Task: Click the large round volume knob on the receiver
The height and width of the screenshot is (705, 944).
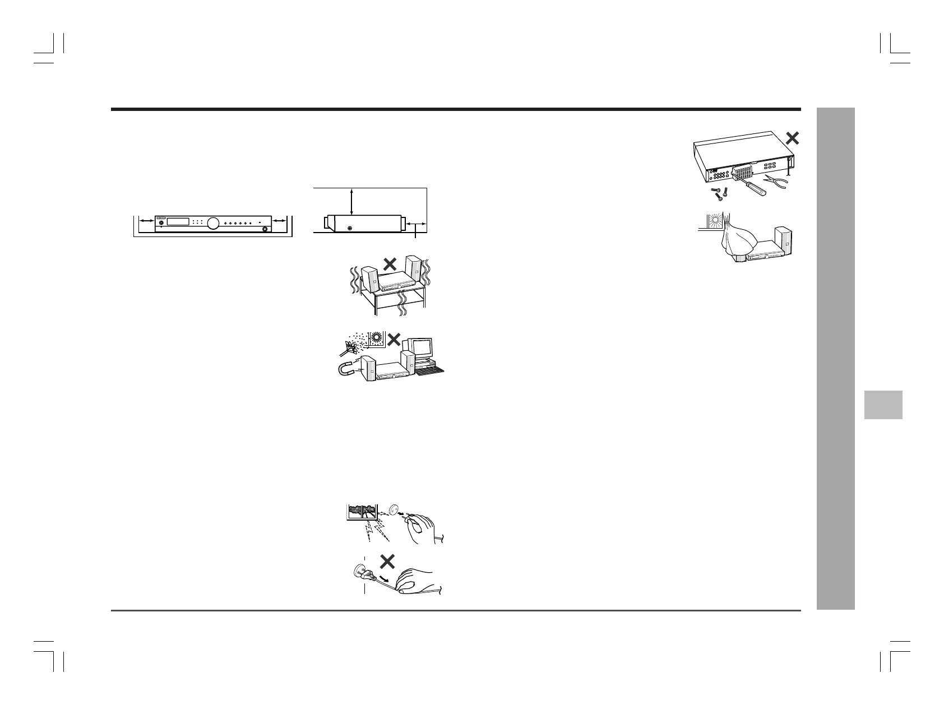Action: (213, 224)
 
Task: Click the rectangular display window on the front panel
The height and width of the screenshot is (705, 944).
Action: (177, 222)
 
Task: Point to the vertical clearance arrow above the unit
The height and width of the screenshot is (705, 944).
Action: (351, 202)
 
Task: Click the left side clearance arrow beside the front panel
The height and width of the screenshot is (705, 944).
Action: (147, 222)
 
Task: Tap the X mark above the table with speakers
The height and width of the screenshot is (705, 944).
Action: (387, 265)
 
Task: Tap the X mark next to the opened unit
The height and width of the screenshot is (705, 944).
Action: (792, 138)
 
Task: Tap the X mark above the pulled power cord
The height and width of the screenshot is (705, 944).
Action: (387, 562)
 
